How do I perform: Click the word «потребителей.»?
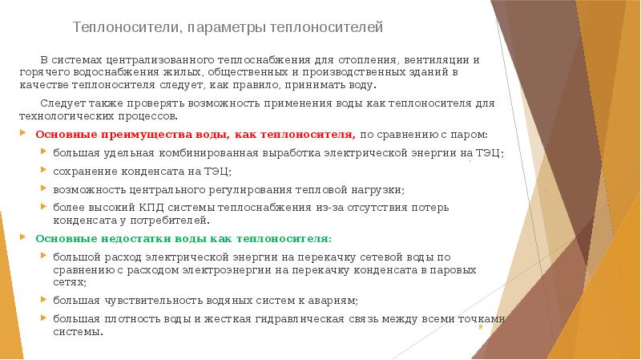(174, 220)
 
